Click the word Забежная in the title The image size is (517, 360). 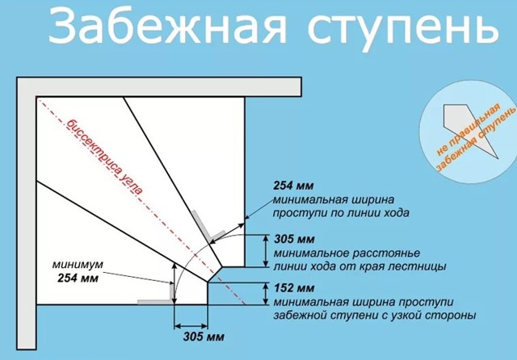click(167, 27)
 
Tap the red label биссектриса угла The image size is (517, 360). click(105, 157)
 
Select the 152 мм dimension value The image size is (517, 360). click(294, 288)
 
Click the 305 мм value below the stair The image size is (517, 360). click(204, 337)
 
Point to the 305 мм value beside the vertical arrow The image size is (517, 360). click(294, 239)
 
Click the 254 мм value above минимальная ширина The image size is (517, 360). click(293, 186)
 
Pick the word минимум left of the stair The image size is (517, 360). click(78, 265)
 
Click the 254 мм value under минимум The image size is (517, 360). click(78, 278)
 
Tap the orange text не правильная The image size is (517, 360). click(469, 129)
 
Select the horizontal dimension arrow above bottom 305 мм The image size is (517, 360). click(191, 326)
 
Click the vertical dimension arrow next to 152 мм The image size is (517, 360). click(266, 294)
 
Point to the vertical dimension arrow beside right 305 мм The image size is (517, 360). click(266, 251)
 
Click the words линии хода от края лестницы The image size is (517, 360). click(359, 266)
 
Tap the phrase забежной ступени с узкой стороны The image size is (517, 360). click(375, 316)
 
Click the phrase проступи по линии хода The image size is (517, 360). click(341, 213)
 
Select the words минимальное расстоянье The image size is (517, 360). click(347, 253)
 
